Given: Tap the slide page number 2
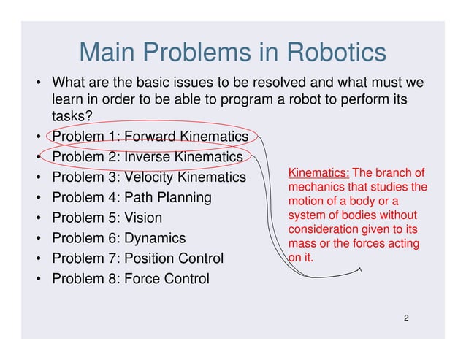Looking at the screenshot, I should (405, 319).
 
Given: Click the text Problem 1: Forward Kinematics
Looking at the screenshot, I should (150, 137).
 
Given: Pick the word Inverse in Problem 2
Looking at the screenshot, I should (146, 157).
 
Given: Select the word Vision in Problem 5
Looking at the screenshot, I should (143, 218).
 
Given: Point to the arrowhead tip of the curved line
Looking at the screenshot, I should (359, 269).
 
